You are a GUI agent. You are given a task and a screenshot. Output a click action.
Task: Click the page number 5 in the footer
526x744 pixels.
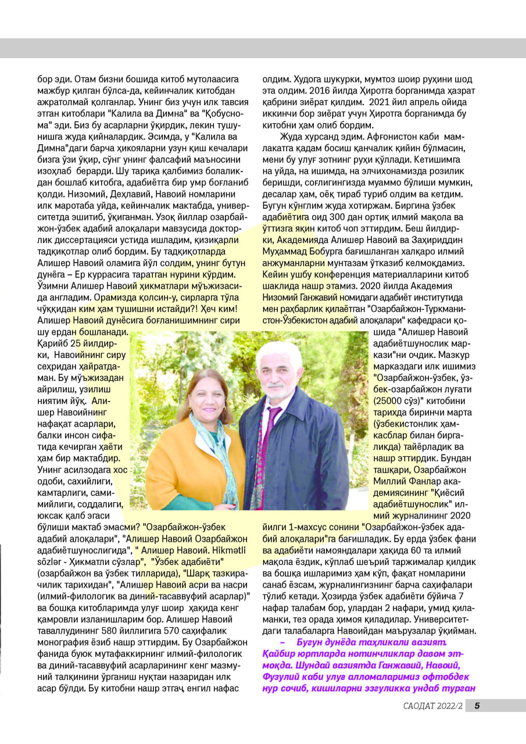coord(477,722)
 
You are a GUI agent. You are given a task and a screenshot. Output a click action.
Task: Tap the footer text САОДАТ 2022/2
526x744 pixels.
coord(434,722)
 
